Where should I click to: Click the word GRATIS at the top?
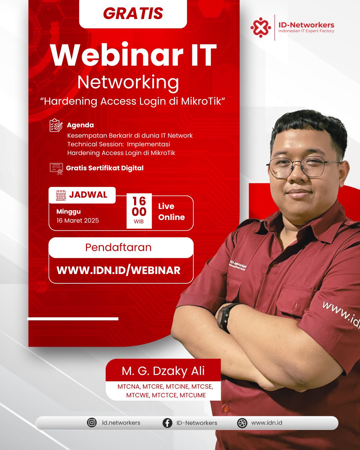tap(133, 13)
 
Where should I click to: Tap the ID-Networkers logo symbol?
tap(261, 27)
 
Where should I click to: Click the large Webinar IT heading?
tap(133, 55)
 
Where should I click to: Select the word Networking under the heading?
tap(128, 83)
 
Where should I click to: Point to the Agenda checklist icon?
tap(56, 125)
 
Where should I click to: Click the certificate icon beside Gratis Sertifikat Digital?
tap(56, 169)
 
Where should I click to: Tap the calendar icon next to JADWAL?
tap(61, 195)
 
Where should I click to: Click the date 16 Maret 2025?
tap(78, 220)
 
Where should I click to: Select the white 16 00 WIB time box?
tap(139, 211)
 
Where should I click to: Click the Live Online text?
tap(172, 212)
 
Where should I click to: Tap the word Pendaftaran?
tap(118, 247)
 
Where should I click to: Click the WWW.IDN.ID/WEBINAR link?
tap(118, 270)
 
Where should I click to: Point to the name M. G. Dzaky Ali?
tap(163, 371)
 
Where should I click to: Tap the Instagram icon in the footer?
tap(92, 423)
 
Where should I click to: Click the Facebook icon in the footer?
tap(167, 423)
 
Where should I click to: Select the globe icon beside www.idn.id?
tap(242, 423)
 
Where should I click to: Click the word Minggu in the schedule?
tap(69, 212)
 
